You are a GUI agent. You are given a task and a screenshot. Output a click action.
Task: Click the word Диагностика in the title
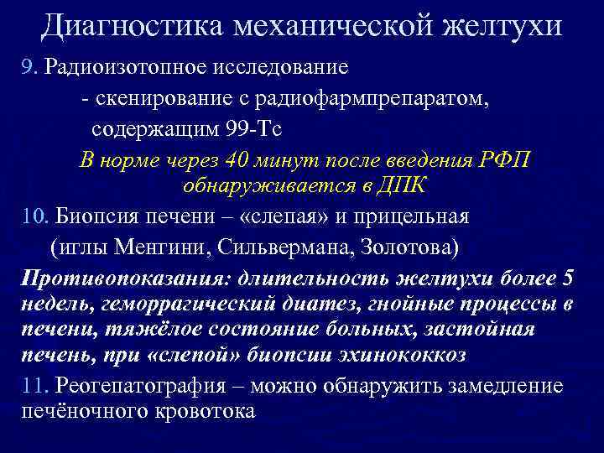click(x=130, y=26)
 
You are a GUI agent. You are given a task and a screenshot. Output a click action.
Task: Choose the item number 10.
click(x=35, y=216)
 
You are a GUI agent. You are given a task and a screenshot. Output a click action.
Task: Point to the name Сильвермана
click(x=251, y=247)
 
